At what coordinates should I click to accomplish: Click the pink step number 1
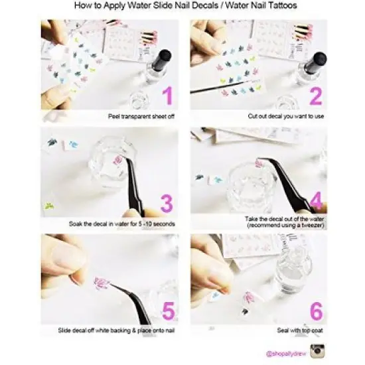[167, 96]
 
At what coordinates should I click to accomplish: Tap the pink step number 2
[316, 96]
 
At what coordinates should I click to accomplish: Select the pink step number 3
[167, 202]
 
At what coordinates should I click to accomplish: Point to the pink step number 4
[316, 201]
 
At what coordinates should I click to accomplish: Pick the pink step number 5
[167, 310]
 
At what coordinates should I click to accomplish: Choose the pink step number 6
[316, 310]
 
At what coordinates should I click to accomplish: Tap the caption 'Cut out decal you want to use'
[285, 115]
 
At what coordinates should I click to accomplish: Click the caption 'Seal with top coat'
[299, 330]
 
